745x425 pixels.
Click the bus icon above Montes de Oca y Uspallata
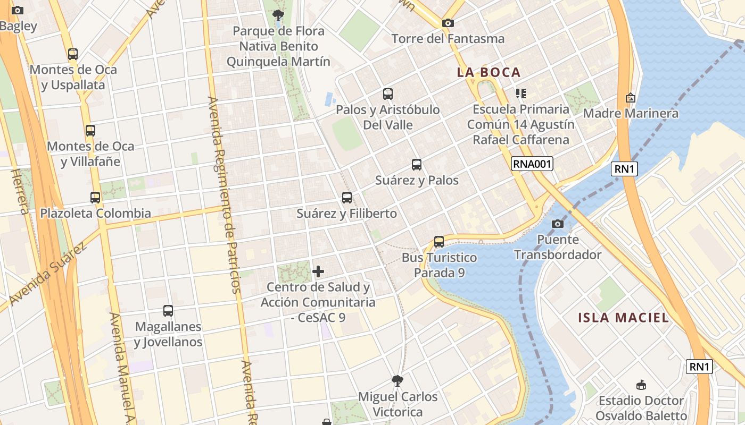click(73, 54)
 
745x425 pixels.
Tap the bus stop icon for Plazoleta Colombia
click(95, 198)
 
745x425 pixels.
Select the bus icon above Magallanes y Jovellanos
click(168, 311)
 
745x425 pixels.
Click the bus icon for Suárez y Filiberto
click(347, 198)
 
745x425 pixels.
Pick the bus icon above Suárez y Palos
click(417, 165)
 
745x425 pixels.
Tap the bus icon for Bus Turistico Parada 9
click(439, 242)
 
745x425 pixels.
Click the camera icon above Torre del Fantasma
click(448, 23)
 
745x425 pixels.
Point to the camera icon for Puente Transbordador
click(557, 224)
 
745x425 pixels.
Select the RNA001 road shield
click(532, 164)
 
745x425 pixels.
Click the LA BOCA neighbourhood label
click(489, 72)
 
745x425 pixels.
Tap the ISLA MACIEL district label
click(623, 318)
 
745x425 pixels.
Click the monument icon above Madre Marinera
click(631, 98)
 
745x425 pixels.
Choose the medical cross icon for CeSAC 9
click(318, 271)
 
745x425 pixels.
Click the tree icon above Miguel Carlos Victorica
click(397, 381)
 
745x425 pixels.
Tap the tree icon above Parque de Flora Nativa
click(278, 15)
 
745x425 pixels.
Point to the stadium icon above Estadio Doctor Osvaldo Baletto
click(641, 385)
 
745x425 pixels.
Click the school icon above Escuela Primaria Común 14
click(520, 93)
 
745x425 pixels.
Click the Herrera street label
click(20, 191)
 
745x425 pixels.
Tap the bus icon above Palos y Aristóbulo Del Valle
click(388, 94)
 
